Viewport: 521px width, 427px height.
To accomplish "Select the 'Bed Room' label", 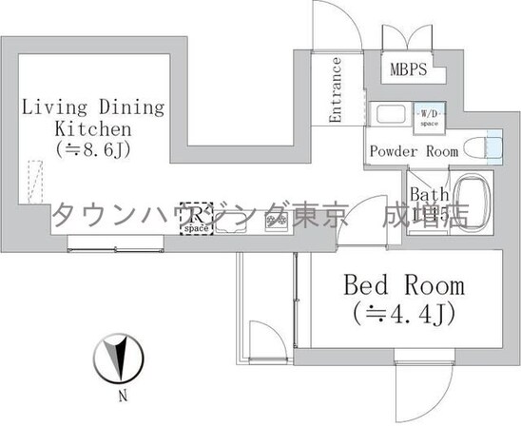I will [404, 285].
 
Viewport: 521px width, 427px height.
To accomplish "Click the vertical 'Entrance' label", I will [336, 90].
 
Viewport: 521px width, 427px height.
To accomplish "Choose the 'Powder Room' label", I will [414, 151].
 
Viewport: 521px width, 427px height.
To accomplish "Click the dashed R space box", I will [198, 219].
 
